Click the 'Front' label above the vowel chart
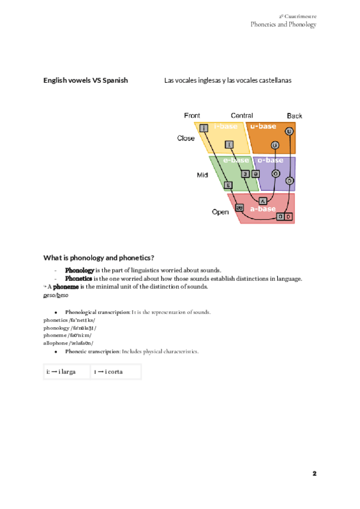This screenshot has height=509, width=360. pos(192,115)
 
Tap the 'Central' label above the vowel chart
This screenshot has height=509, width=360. pos(242,115)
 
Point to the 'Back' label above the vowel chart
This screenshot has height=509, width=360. pos(295,115)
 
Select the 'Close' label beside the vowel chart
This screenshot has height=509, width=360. pos(186,138)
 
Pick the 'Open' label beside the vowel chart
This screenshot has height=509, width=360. pos(220,212)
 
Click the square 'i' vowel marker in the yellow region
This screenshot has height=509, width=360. pos(204,127)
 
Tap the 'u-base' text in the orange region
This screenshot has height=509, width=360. pos(263,126)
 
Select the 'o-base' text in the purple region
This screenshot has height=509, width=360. pos(270,160)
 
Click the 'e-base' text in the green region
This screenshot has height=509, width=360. pos(236,160)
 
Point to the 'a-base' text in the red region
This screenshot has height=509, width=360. pos(263,208)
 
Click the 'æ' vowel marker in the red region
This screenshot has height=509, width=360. pos(239,208)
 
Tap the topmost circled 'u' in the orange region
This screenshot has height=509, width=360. pos(289,131)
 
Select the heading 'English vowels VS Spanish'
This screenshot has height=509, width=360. pos(85,80)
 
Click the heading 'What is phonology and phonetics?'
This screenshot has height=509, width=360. pos(99,258)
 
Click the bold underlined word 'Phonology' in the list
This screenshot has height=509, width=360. pos(79,270)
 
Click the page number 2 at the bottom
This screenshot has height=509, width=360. pos(314,474)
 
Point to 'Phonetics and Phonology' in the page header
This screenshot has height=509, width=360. pos(283,25)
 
